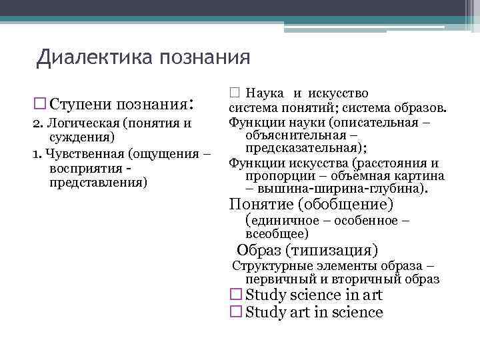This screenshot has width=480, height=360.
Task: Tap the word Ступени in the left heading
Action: click(80, 105)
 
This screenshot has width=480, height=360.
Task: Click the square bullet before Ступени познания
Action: click(39, 105)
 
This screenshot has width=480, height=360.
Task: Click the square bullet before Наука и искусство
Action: click(233, 94)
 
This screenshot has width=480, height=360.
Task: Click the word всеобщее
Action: click(275, 233)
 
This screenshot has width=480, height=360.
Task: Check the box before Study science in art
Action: click(235, 295)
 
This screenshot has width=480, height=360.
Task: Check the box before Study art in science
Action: click(235, 312)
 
